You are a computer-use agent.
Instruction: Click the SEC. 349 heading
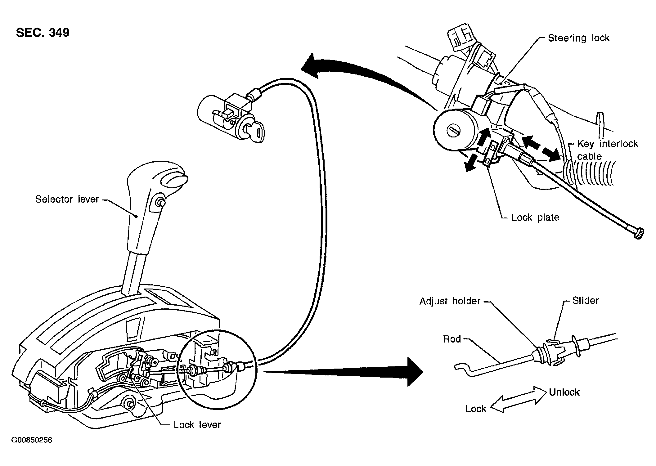point(43,33)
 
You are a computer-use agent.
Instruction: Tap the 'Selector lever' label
point(67,199)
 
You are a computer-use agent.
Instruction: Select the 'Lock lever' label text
point(197,424)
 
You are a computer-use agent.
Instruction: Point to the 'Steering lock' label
point(579,38)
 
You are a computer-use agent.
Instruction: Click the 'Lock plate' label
point(535,217)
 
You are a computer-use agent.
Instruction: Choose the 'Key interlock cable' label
point(607,150)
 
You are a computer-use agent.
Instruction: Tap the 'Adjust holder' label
point(450,301)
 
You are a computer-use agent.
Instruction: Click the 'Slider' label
point(586,300)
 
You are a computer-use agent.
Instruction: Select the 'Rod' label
point(452,339)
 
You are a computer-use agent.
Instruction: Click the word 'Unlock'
point(564,392)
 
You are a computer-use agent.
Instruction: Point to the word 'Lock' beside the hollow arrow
point(475,409)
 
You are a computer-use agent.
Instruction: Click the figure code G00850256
point(32,440)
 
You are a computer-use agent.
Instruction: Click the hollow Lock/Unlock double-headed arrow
point(518,399)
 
